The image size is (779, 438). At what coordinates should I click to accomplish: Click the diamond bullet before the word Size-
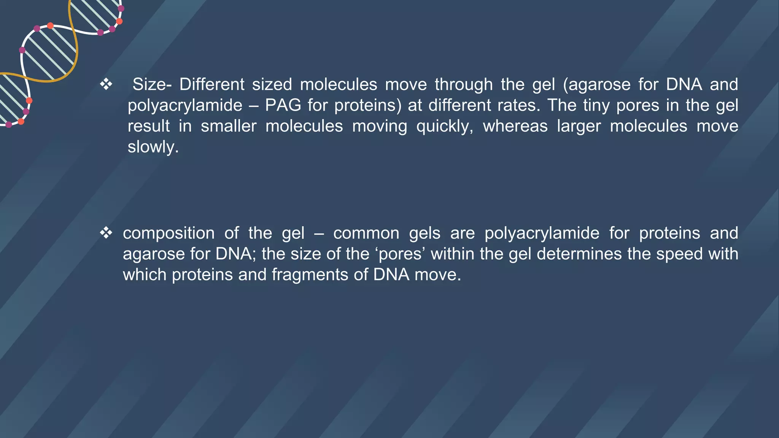(106, 84)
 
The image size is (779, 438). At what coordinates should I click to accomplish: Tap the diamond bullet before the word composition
(106, 233)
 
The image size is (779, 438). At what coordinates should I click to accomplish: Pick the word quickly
(445, 126)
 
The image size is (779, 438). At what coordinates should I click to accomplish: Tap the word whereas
(515, 126)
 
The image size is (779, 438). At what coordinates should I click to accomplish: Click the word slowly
(153, 147)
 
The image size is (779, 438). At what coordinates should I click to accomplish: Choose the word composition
(169, 233)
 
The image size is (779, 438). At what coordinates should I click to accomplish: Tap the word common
(366, 233)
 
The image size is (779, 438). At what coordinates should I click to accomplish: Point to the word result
(148, 126)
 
